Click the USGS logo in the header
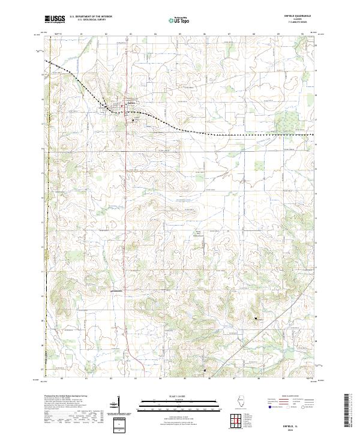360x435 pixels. [55, 19]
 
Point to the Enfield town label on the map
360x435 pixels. [132, 103]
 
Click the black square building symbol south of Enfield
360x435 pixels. [133, 120]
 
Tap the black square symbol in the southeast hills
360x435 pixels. [256, 317]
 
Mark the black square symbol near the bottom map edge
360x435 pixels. [205, 371]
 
